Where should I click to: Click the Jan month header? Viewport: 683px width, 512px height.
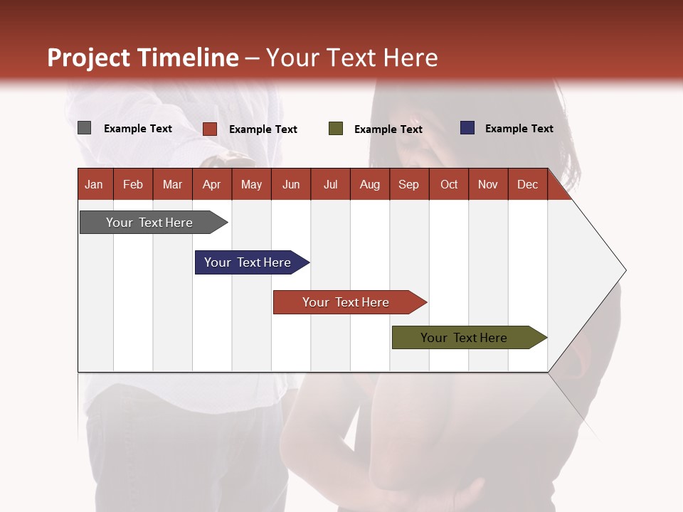click(x=94, y=185)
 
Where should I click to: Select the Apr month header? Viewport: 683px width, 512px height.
click(x=211, y=185)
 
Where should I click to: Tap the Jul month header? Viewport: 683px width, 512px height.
click(x=330, y=185)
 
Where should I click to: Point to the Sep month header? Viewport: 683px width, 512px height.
click(x=408, y=185)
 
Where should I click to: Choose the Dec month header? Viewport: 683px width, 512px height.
click(x=527, y=185)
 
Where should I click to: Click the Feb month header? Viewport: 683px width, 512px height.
click(x=133, y=185)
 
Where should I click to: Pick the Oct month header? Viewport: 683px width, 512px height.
click(x=449, y=185)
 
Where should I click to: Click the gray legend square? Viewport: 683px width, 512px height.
click(x=84, y=128)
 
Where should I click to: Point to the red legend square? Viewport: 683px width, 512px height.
click(x=210, y=129)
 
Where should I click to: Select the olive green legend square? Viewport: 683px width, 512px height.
click(x=336, y=129)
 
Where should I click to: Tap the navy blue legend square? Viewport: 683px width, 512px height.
click(x=467, y=128)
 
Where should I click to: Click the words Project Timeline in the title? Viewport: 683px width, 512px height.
click(x=143, y=58)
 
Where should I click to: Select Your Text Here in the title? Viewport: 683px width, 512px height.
click(x=351, y=58)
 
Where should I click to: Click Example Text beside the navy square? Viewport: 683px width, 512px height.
click(x=519, y=129)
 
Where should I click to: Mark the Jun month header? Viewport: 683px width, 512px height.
click(x=291, y=185)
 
